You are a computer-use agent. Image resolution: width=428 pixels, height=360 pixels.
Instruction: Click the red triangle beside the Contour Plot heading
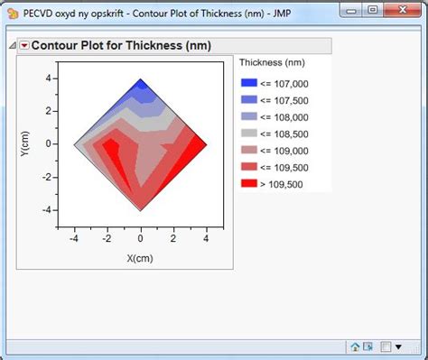coord(24,47)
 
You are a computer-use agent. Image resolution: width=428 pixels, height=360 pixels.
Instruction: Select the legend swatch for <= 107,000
coord(249,82)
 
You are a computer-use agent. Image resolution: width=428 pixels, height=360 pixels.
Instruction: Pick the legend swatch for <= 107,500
coord(249,99)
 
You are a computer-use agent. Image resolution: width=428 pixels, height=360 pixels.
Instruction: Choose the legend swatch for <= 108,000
coord(249,116)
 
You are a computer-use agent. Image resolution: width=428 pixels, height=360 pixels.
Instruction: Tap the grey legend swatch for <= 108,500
coord(249,134)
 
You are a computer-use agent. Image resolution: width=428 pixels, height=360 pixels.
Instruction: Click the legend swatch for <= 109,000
coord(249,150)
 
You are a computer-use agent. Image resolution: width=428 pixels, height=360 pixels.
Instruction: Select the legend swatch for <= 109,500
coord(249,167)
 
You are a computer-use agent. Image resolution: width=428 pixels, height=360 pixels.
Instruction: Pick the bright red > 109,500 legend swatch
coord(249,184)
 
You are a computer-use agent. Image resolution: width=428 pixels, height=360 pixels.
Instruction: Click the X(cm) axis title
coord(140,257)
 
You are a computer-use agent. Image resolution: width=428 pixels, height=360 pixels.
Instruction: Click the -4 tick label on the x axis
coord(73,238)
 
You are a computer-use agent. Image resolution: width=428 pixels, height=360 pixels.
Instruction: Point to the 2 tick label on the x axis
coord(173,238)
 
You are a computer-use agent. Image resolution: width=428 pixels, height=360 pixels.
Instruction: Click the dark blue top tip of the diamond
coord(140,85)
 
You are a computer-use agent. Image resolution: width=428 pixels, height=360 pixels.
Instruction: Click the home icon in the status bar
coord(355,346)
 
